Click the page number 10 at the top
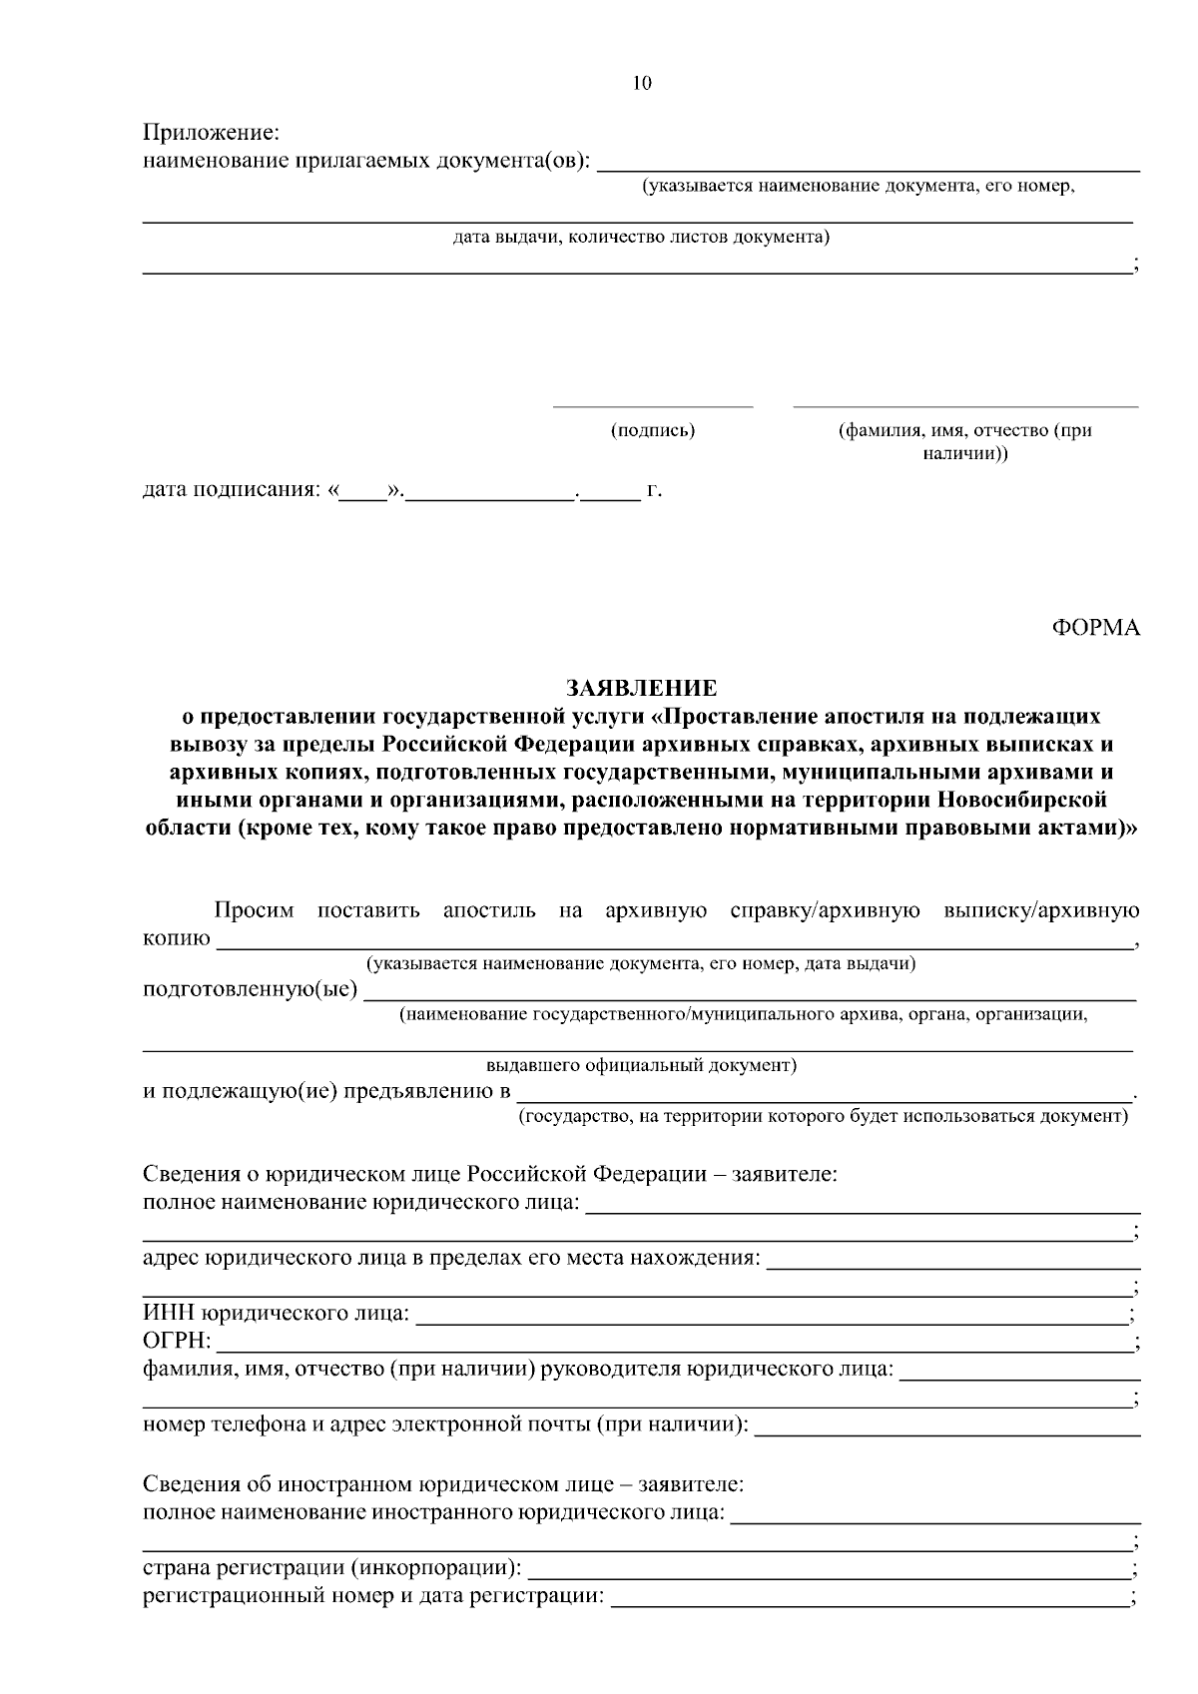click(642, 84)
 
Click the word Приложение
click(211, 133)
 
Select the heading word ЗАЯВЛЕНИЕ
click(641, 688)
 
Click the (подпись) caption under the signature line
click(653, 431)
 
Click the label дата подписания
click(232, 490)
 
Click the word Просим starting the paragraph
click(255, 910)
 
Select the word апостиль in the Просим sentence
click(488, 910)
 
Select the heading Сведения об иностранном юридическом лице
click(442, 1484)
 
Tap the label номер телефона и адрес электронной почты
click(445, 1423)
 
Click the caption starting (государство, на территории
click(822, 1116)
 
